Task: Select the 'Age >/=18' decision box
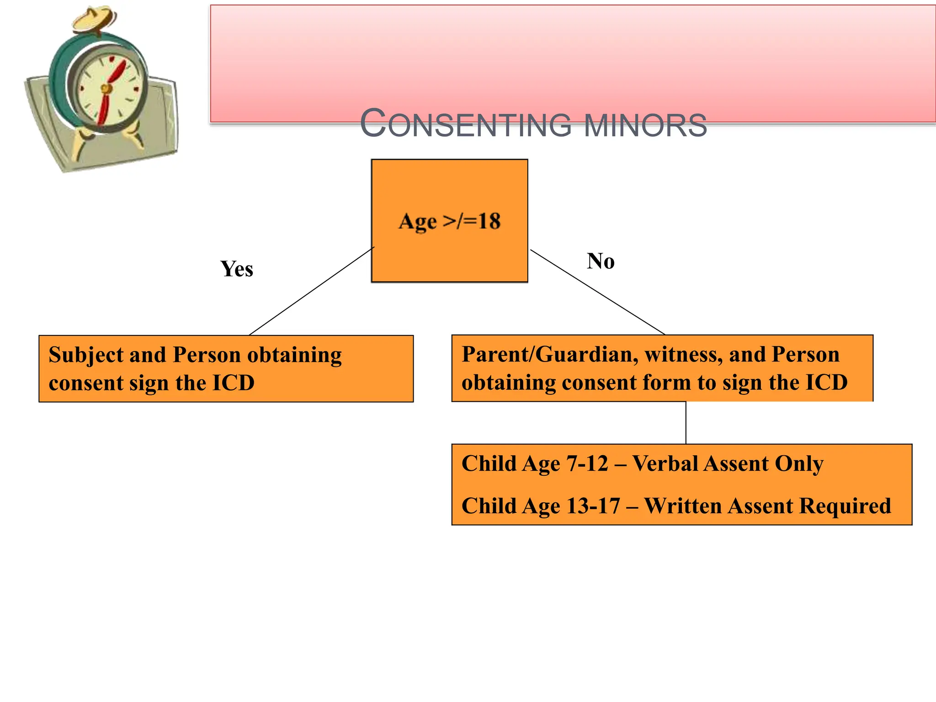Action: tap(449, 256)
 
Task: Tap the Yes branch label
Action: tap(237, 269)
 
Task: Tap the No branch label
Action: tap(601, 261)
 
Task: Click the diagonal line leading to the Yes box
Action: tap(311, 292)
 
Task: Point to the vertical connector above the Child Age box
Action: tap(686, 423)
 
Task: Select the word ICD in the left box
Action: tap(233, 383)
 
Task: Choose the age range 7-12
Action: tap(587, 464)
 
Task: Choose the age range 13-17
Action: tap(593, 506)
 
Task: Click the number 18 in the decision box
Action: tap(489, 221)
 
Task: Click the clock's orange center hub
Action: tap(106, 88)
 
